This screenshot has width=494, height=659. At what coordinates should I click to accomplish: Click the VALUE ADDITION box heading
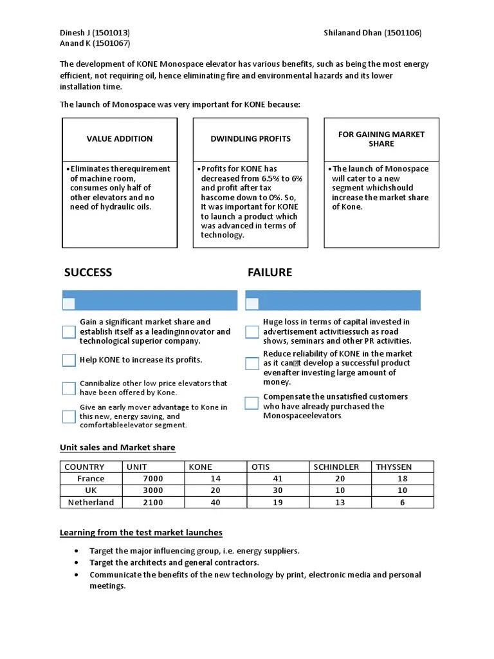(120, 138)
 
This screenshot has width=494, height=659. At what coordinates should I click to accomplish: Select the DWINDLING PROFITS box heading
(250, 138)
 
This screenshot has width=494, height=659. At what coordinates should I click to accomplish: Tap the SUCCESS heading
(88, 272)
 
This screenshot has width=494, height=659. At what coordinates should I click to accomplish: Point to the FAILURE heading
(270, 272)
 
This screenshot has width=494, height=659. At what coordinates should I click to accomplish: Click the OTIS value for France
(279, 479)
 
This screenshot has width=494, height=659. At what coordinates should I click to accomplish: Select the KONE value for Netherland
(215, 503)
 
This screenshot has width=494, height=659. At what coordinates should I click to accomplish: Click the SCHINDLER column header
(336, 467)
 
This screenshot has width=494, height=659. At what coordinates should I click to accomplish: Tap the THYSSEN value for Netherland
(402, 503)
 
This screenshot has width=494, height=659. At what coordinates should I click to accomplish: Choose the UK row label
(91, 490)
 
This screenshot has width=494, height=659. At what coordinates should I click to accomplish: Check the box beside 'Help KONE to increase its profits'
(69, 360)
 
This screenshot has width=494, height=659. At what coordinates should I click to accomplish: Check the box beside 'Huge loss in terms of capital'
(252, 332)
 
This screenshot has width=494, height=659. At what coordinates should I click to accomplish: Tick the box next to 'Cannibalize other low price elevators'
(69, 388)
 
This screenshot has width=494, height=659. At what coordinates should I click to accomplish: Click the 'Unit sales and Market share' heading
(117, 447)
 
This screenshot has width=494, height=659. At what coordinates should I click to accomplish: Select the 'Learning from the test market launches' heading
(141, 532)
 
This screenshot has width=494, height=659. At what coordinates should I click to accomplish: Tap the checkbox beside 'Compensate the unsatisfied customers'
(252, 403)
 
